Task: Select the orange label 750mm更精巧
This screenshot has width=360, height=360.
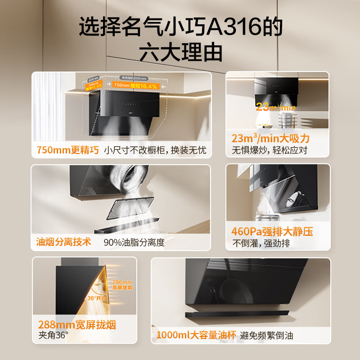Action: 67,150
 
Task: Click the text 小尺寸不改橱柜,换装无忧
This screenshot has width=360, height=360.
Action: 155,150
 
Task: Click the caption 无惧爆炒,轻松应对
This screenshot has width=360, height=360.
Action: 269,150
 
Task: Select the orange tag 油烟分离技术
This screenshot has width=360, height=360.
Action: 63,242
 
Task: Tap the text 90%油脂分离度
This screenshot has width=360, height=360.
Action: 134,243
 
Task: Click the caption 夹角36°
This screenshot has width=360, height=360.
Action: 53,335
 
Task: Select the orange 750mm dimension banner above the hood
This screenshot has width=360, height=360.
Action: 135,85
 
